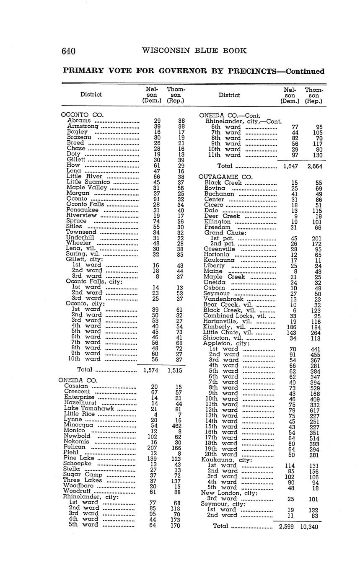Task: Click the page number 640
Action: (x=68, y=51)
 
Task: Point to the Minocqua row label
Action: (x=78, y=425)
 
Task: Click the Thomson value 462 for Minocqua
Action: (x=176, y=425)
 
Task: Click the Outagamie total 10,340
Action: (x=309, y=527)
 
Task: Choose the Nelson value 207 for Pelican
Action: (x=152, y=447)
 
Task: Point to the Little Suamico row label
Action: (x=88, y=182)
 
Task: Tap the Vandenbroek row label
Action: (x=225, y=299)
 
